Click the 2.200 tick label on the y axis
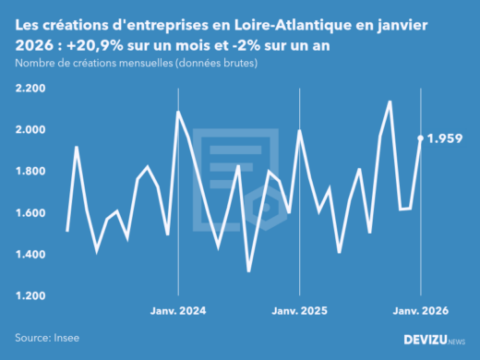(x=34, y=88)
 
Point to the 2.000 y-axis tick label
(x=34, y=129)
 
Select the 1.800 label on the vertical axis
(x=34, y=171)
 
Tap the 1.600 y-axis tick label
(x=34, y=212)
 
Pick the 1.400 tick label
(x=34, y=254)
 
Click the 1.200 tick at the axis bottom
(x=34, y=295)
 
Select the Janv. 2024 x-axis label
(x=178, y=312)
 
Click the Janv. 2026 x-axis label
(x=421, y=312)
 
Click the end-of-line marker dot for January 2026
(x=421, y=138)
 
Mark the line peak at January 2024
(x=178, y=113)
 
